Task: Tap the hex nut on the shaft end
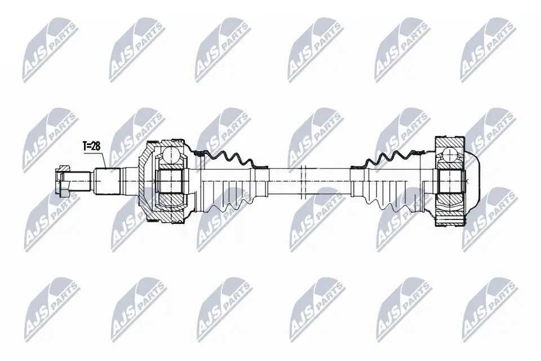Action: [x=63, y=181]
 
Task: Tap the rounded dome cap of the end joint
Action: [x=473, y=180]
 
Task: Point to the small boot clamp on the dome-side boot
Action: [x=358, y=168]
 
